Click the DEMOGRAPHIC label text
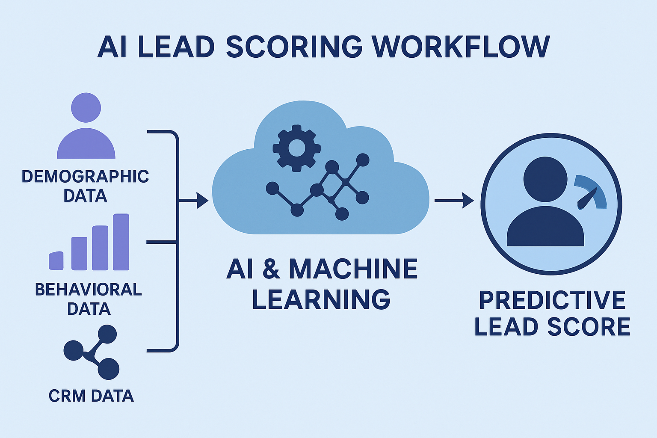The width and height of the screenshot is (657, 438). click(x=85, y=176)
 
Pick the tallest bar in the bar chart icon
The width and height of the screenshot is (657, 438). click(x=121, y=242)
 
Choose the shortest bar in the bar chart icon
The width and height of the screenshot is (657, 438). click(x=56, y=260)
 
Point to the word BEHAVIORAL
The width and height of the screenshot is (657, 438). click(x=88, y=290)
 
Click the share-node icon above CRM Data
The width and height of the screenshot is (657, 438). click(x=91, y=352)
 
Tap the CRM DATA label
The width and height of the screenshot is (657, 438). click(x=91, y=396)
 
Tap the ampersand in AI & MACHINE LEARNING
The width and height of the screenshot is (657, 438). click(x=271, y=269)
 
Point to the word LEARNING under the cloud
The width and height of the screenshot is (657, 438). click(x=321, y=299)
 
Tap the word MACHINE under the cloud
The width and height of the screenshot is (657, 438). click(x=353, y=269)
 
